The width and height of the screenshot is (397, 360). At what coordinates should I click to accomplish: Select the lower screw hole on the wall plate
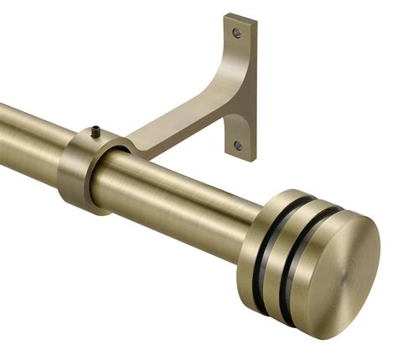coord(239,145)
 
